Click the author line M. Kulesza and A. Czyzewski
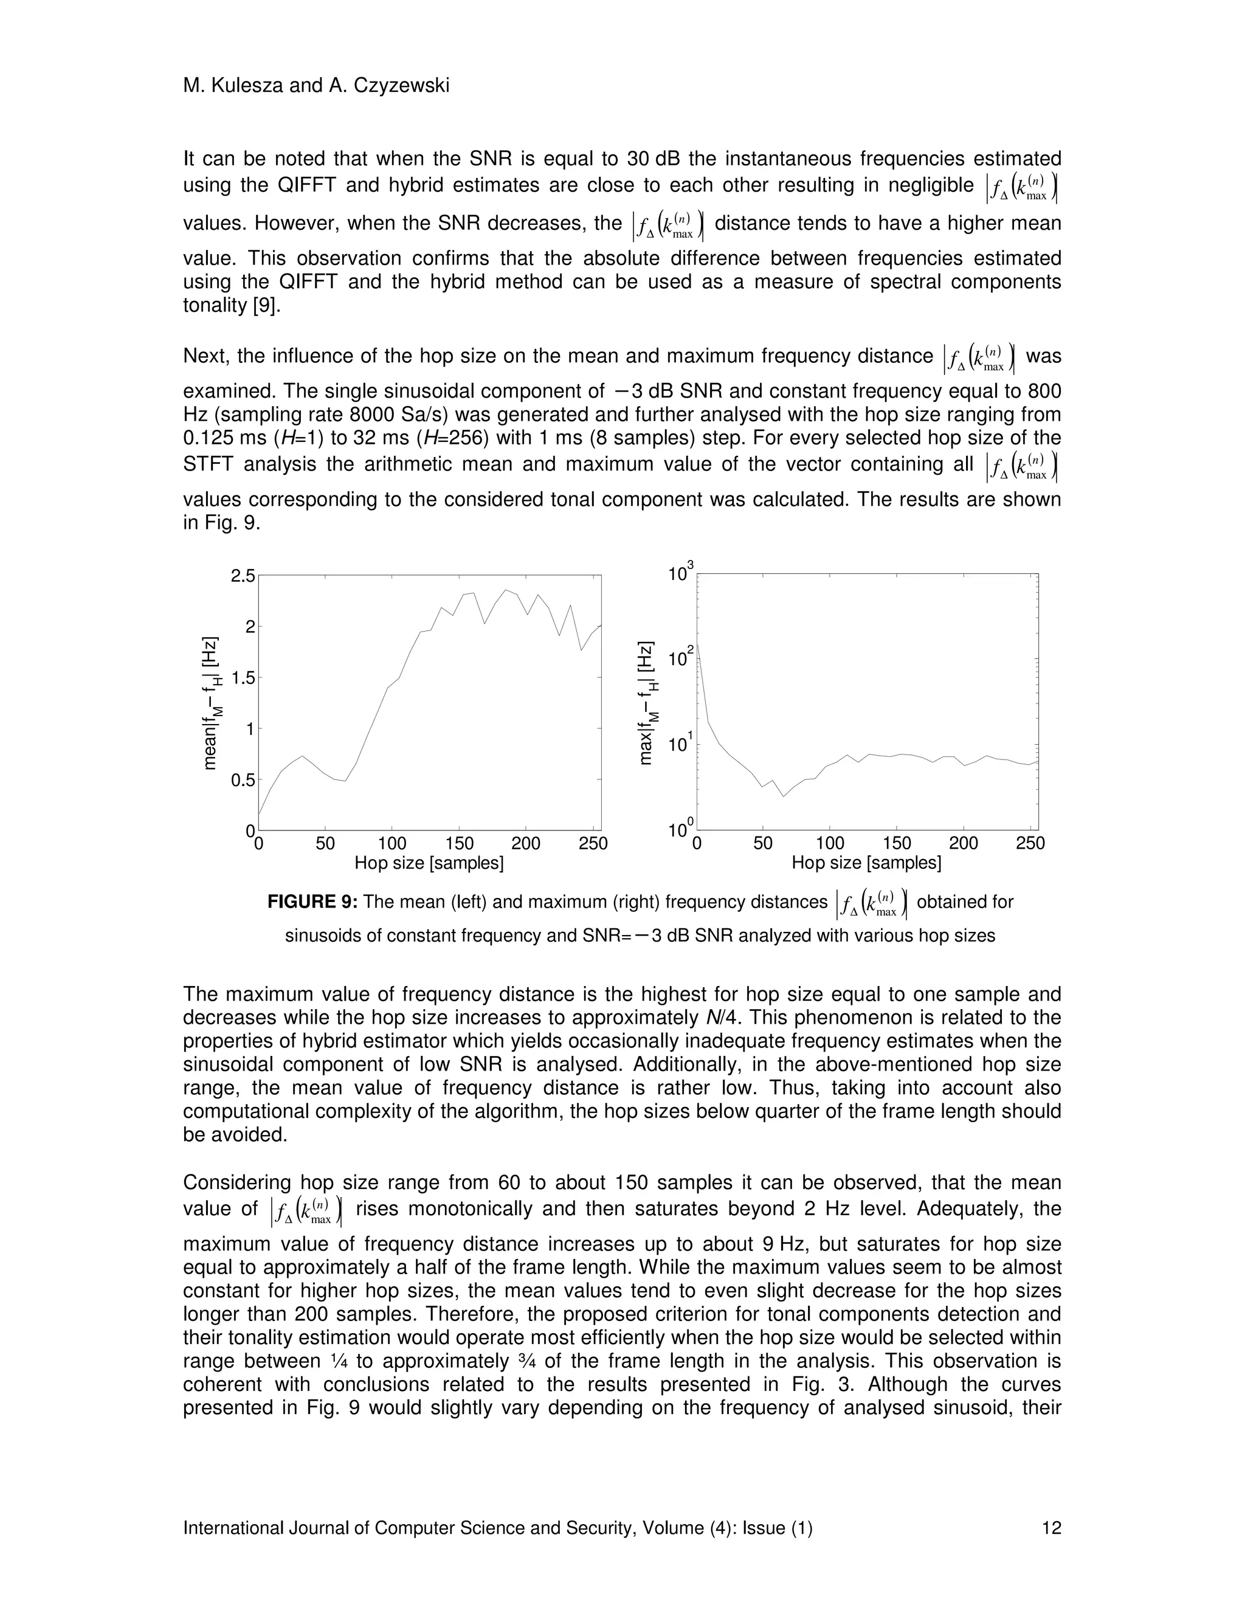tap(316, 86)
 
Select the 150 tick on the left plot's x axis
tap(459, 843)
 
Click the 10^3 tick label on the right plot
tap(680, 573)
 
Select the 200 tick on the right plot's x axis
tap(964, 843)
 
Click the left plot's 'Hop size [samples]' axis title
tap(429, 863)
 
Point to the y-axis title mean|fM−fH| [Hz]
tap(211, 702)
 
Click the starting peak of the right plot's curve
tap(698, 643)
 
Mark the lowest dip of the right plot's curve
tap(784, 796)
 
